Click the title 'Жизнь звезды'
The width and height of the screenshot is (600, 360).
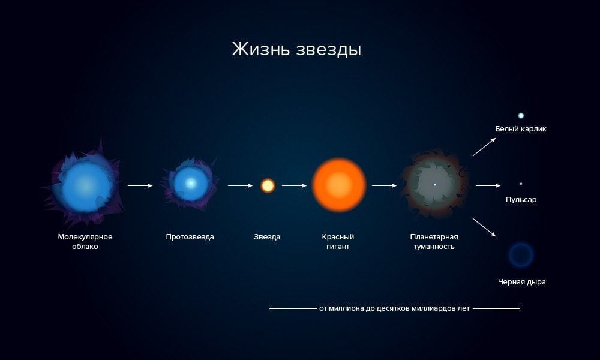coord(296,49)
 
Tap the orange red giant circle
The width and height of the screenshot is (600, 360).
coord(339,185)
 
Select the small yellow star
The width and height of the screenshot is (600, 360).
coord(268,185)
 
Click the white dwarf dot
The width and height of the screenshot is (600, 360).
coord(521,115)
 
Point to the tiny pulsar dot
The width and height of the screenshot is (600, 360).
coord(521,184)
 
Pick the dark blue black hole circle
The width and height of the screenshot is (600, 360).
coord(520,255)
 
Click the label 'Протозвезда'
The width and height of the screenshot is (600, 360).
coord(190,237)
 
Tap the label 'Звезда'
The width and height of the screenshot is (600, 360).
coord(267,237)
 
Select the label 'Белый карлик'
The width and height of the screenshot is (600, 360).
coord(521,129)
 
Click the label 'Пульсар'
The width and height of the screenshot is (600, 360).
coord(521,200)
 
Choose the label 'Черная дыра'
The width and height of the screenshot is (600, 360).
coord(521,282)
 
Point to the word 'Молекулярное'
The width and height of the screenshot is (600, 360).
coord(85,237)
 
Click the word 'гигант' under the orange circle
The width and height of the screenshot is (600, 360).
coord(338,247)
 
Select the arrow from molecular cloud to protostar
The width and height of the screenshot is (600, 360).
coord(140,185)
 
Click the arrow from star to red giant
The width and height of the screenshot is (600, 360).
coord(294,185)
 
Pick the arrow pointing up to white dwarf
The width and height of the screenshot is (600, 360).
coord(484,147)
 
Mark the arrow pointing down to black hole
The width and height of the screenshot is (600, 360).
coord(484,227)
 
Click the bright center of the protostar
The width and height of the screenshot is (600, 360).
coord(190,184)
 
